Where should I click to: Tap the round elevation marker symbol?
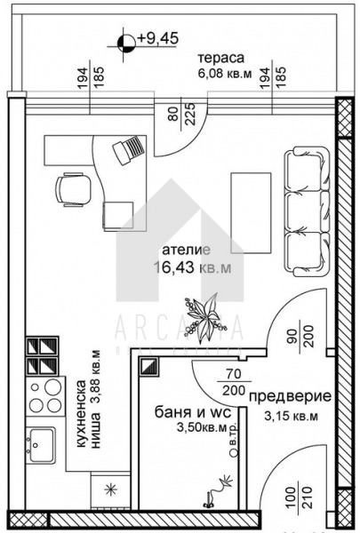tap(126, 38)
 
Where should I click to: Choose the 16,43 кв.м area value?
tap(188, 267)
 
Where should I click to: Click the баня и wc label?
tap(186, 411)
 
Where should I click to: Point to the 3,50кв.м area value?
tap(186, 428)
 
